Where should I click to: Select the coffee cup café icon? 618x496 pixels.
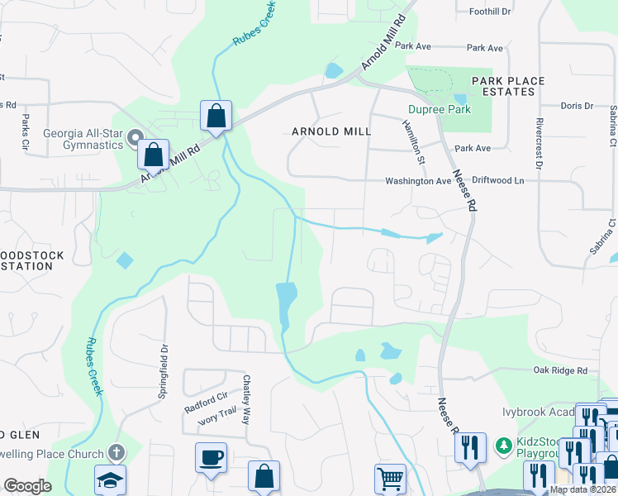click(x=211, y=457)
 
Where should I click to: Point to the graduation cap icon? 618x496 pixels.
click(x=110, y=481)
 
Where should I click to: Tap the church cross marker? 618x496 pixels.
click(x=116, y=453)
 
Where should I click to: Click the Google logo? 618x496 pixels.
click(x=27, y=485)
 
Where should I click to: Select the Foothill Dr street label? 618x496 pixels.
click(x=491, y=12)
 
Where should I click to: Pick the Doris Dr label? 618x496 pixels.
click(x=577, y=106)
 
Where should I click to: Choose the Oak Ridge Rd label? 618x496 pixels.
click(x=560, y=370)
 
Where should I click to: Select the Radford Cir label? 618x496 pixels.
click(x=206, y=405)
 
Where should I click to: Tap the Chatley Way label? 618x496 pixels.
click(x=246, y=400)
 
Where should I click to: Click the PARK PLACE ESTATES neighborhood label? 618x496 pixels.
click(x=508, y=86)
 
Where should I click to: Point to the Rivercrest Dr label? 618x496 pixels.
click(x=538, y=142)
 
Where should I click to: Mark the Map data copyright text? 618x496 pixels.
click(x=582, y=489)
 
